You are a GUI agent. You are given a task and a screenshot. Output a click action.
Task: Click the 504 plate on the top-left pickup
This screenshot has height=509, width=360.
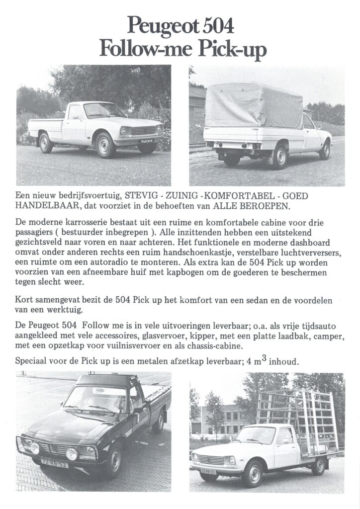(147, 141)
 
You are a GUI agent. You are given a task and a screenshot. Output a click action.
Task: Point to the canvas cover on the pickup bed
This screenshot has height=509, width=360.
(254, 105)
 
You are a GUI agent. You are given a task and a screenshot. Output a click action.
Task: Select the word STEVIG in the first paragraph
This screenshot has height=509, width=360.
(142, 196)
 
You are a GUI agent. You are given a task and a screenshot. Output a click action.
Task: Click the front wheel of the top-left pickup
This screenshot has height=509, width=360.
(106, 145)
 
